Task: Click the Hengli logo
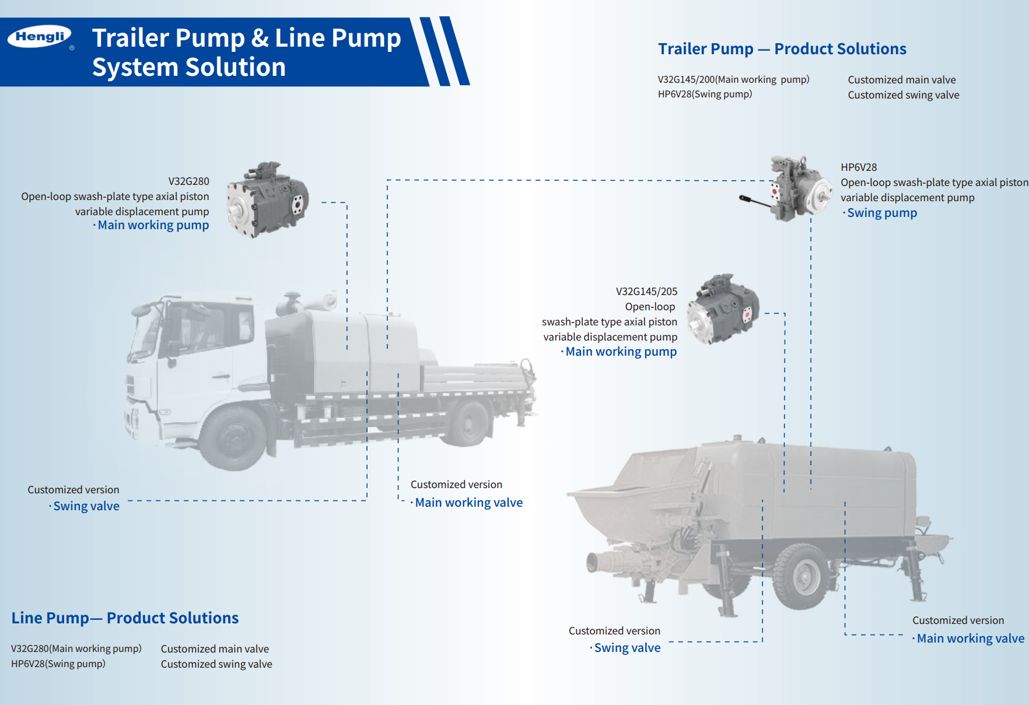40,37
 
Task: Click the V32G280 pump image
268,199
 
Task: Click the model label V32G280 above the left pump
188,181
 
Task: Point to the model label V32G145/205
646,292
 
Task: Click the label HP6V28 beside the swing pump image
858,167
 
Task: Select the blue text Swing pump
881,213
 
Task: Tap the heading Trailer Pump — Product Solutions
782,49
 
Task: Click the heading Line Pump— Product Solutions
125,618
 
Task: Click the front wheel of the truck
234,437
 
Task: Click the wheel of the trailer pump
802,577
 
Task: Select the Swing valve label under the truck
86,506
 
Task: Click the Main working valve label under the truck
468,503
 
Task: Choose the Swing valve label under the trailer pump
627,648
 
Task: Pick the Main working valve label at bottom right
970,639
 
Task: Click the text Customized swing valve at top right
903,95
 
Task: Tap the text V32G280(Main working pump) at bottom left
76,648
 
